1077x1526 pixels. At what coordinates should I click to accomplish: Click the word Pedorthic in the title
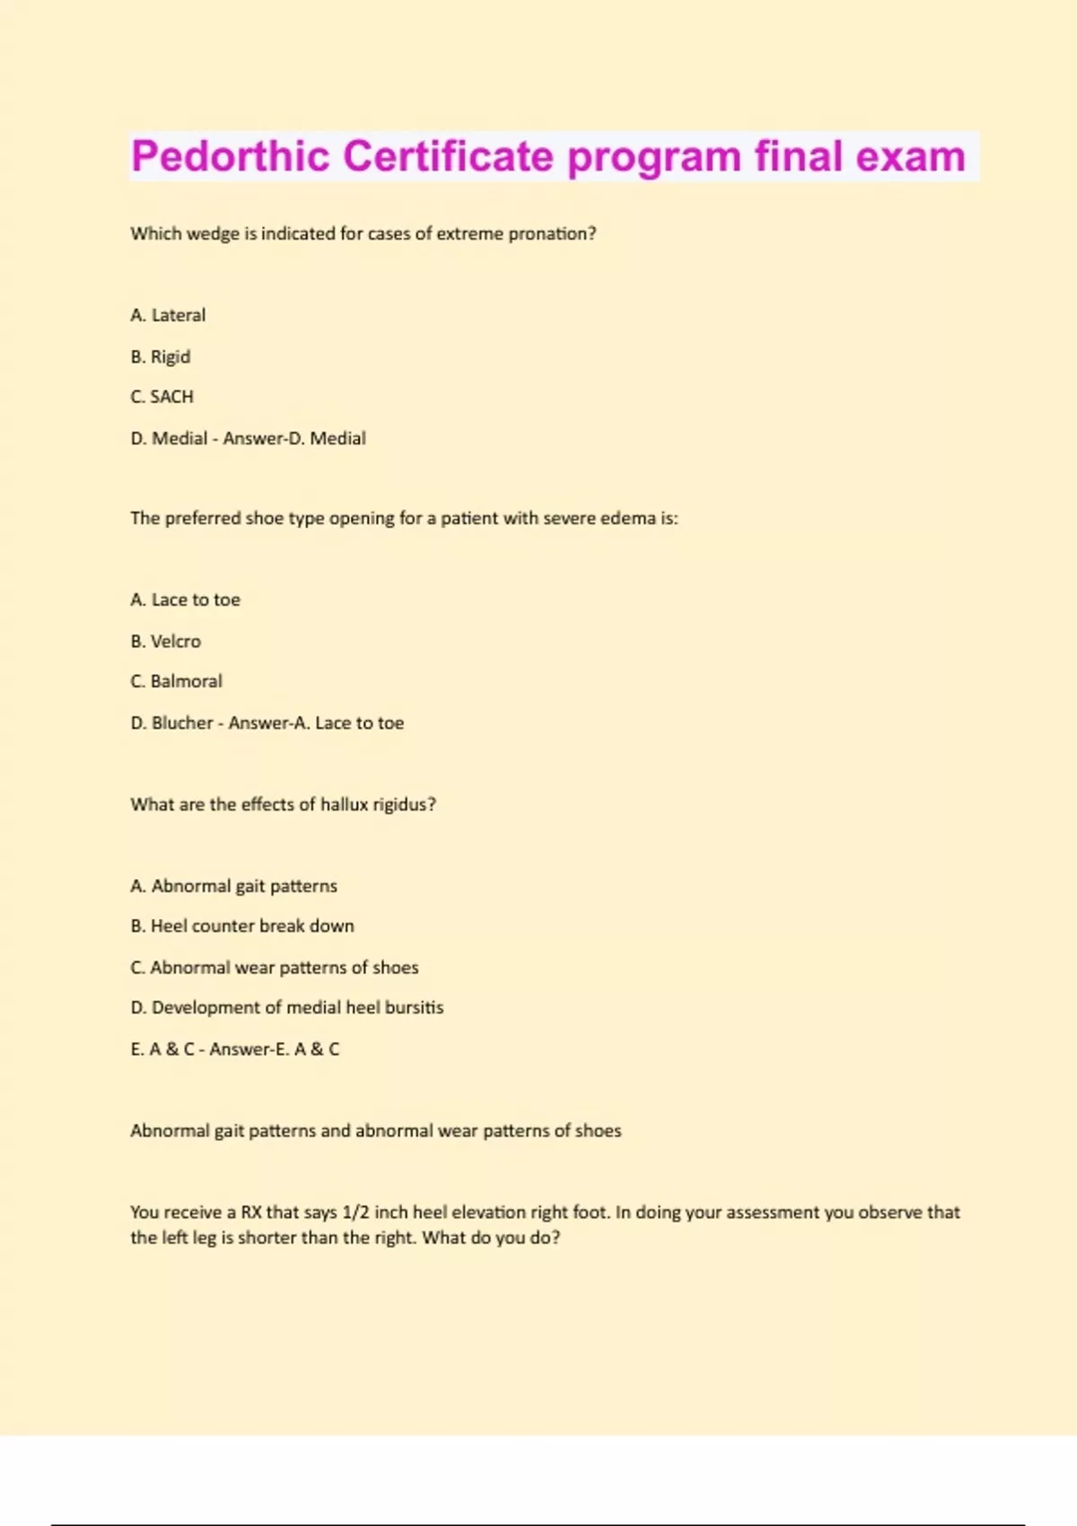click(x=230, y=157)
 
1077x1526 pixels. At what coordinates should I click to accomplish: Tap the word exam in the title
click(x=910, y=157)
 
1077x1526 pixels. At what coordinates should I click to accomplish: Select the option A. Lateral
click(x=168, y=315)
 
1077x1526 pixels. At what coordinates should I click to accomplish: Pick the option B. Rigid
click(x=161, y=356)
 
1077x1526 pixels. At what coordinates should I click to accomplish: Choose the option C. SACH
click(x=162, y=397)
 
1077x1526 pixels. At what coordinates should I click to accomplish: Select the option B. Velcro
click(x=166, y=641)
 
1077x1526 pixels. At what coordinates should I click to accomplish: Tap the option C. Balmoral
click(x=176, y=681)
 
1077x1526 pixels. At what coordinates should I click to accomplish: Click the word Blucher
click(x=182, y=723)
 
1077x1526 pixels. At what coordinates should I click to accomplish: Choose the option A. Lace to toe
click(x=185, y=600)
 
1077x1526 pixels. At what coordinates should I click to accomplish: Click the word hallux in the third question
click(x=345, y=804)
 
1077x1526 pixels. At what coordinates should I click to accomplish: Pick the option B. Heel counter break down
click(x=242, y=925)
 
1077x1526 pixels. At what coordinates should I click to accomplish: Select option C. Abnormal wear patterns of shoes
click(x=275, y=967)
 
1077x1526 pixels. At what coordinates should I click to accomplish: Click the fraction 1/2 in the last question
click(x=355, y=1212)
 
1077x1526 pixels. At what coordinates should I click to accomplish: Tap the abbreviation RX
click(x=251, y=1212)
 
